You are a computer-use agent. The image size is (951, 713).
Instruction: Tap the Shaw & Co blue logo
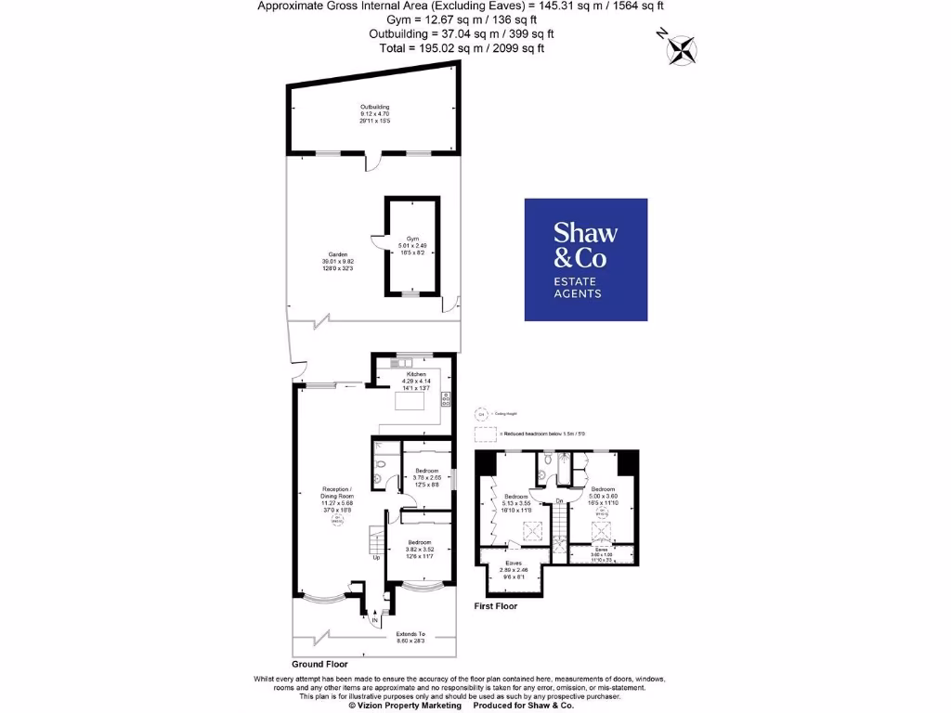coord(585,259)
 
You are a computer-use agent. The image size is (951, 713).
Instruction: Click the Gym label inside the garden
coord(411,245)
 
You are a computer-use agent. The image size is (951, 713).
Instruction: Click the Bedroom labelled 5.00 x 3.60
coord(602,496)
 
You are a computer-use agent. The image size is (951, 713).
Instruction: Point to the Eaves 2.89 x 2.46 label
coord(513,569)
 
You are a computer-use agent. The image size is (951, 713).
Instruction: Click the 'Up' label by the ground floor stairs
coord(377,558)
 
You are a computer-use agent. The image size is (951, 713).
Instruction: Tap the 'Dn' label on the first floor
coord(559,502)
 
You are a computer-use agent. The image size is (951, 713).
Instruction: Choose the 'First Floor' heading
coord(496,606)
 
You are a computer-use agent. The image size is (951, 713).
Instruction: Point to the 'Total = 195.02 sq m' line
coord(461,47)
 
